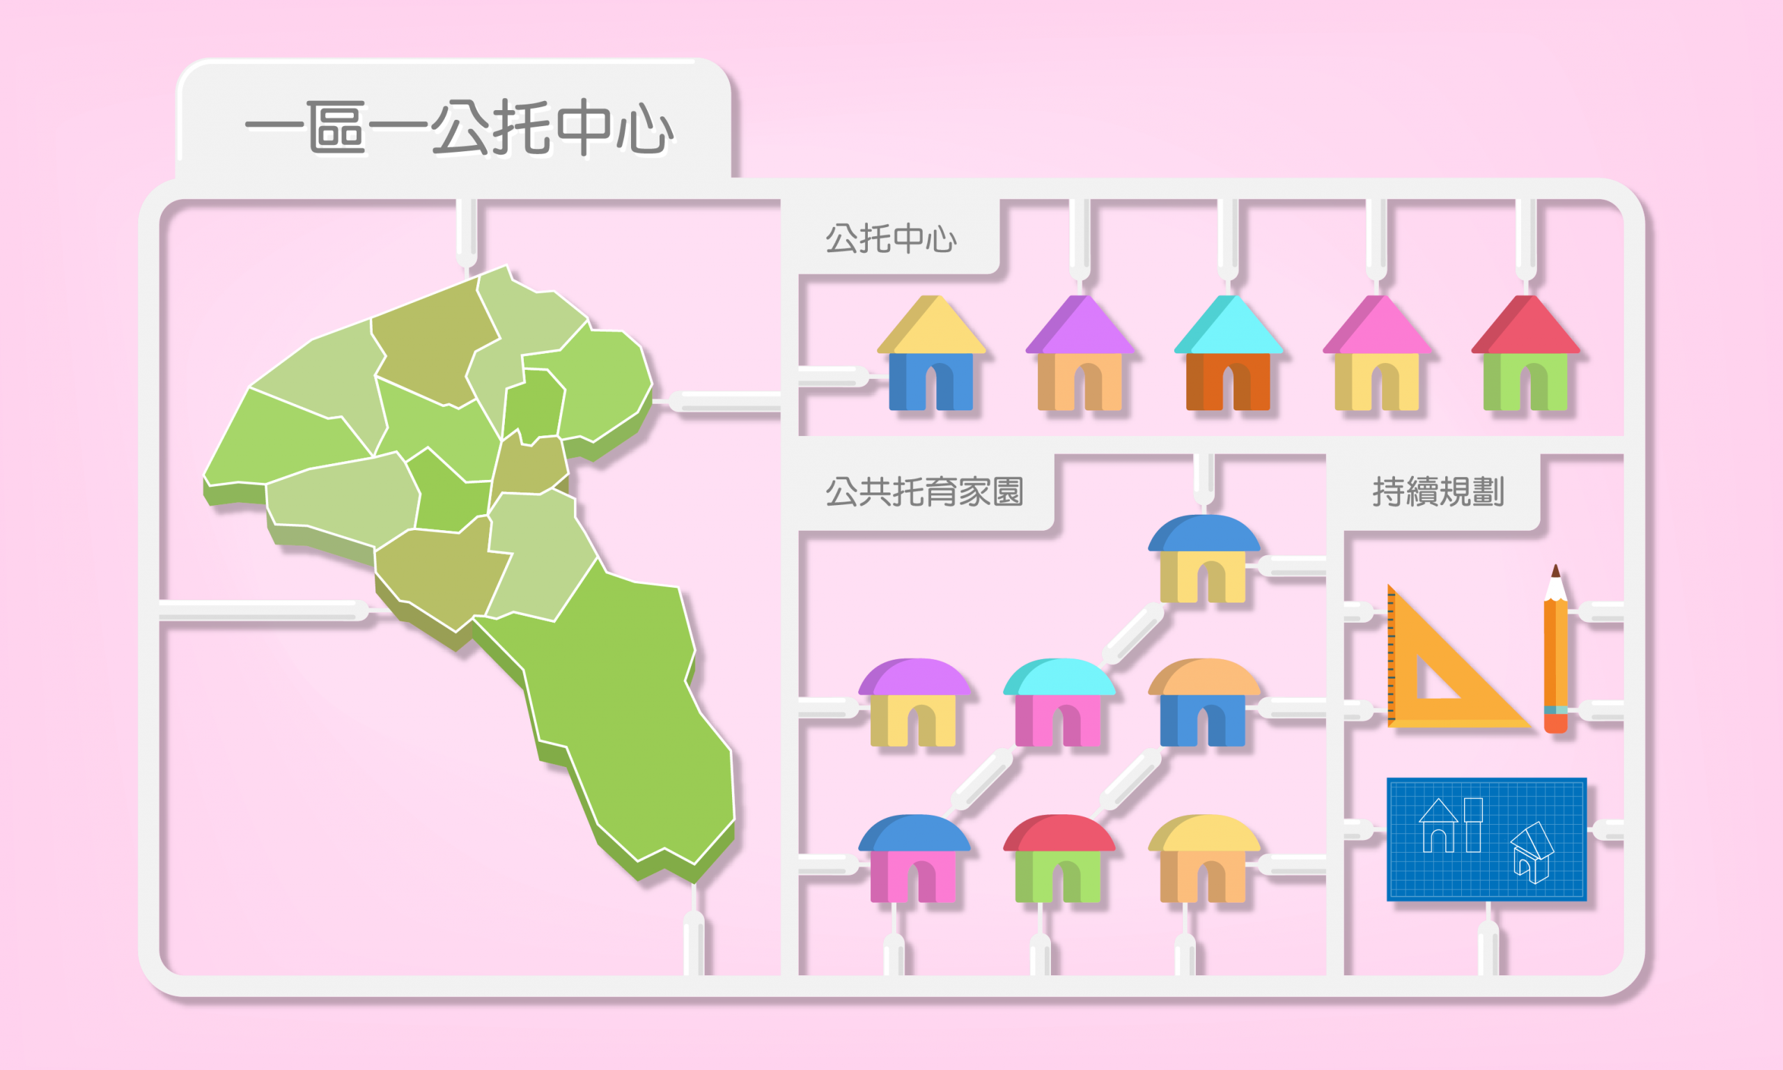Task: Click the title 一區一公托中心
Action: pyautogui.click(x=459, y=127)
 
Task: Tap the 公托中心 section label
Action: pyautogui.click(x=891, y=239)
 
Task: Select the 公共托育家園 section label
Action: pyautogui.click(x=924, y=492)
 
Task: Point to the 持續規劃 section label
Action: pyautogui.click(x=1438, y=492)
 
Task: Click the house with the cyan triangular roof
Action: pyautogui.click(x=1228, y=352)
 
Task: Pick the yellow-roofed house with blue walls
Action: pyautogui.click(x=931, y=352)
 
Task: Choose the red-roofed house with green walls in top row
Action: pyautogui.click(x=1525, y=352)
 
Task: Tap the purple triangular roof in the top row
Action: pyautogui.click(x=1080, y=325)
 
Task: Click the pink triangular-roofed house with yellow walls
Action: pyautogui.click(x=1376, y=352)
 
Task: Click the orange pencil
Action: pyautogui.click(x=1555, y=649)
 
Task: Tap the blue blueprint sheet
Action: pyautogui.click(x=1487, y=839)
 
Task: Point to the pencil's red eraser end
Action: pyautogui.click(x=1555, y=723)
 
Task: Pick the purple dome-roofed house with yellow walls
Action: pyautogui.click(x=914, y=702)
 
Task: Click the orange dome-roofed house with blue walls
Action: pyautogui.click(x=1204, y=702)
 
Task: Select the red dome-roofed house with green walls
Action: pyautogui.click(x=1059, y=859)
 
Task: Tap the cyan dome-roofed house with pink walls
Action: pyautogui.click(x=1059, y=702)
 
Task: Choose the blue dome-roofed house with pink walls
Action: pyautogui.click(x=914, y=859)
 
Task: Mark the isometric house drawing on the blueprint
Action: pyautogui.click(x=1532, y=853)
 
